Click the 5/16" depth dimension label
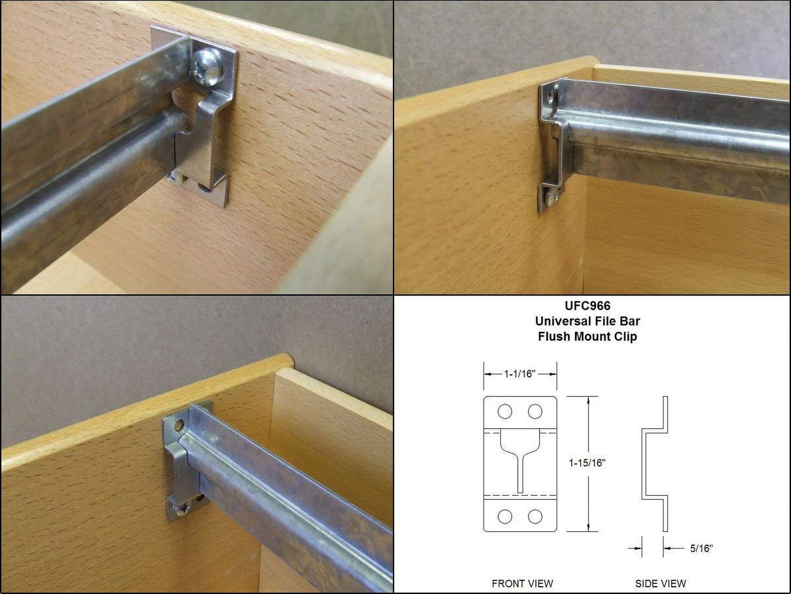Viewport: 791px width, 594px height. (701, 548)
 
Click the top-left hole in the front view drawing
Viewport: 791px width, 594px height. (505, 412)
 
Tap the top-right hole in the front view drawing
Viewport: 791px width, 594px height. (535, 412)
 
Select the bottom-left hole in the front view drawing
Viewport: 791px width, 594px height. (505, 516)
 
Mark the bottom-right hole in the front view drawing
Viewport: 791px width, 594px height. (535, 516)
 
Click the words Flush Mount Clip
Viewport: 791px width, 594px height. (588, 337)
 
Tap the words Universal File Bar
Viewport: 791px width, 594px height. (588, 321)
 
